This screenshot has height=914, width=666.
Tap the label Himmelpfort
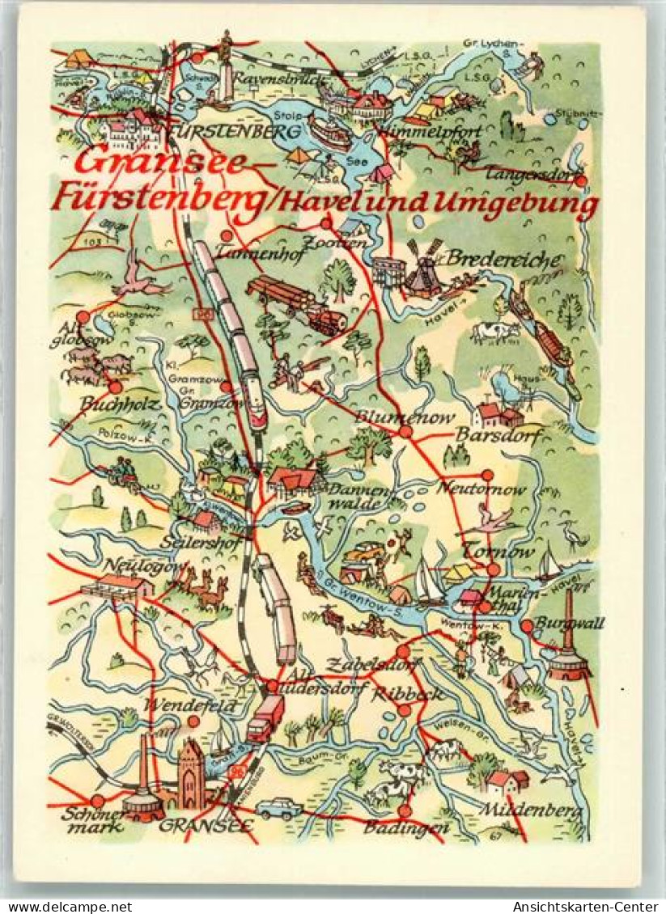tap(439, 131)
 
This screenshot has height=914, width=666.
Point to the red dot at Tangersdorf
tap(580, 181)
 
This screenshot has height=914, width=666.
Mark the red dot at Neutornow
tap(487, 475)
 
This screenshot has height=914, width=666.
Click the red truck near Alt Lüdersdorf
tap(265, 718)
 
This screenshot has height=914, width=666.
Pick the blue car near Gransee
tap(278, 807)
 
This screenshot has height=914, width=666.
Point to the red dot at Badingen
tap(404, 810)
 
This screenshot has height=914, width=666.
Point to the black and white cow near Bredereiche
tap(494, 332)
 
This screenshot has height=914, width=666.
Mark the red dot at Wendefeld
tap(193, 721)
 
